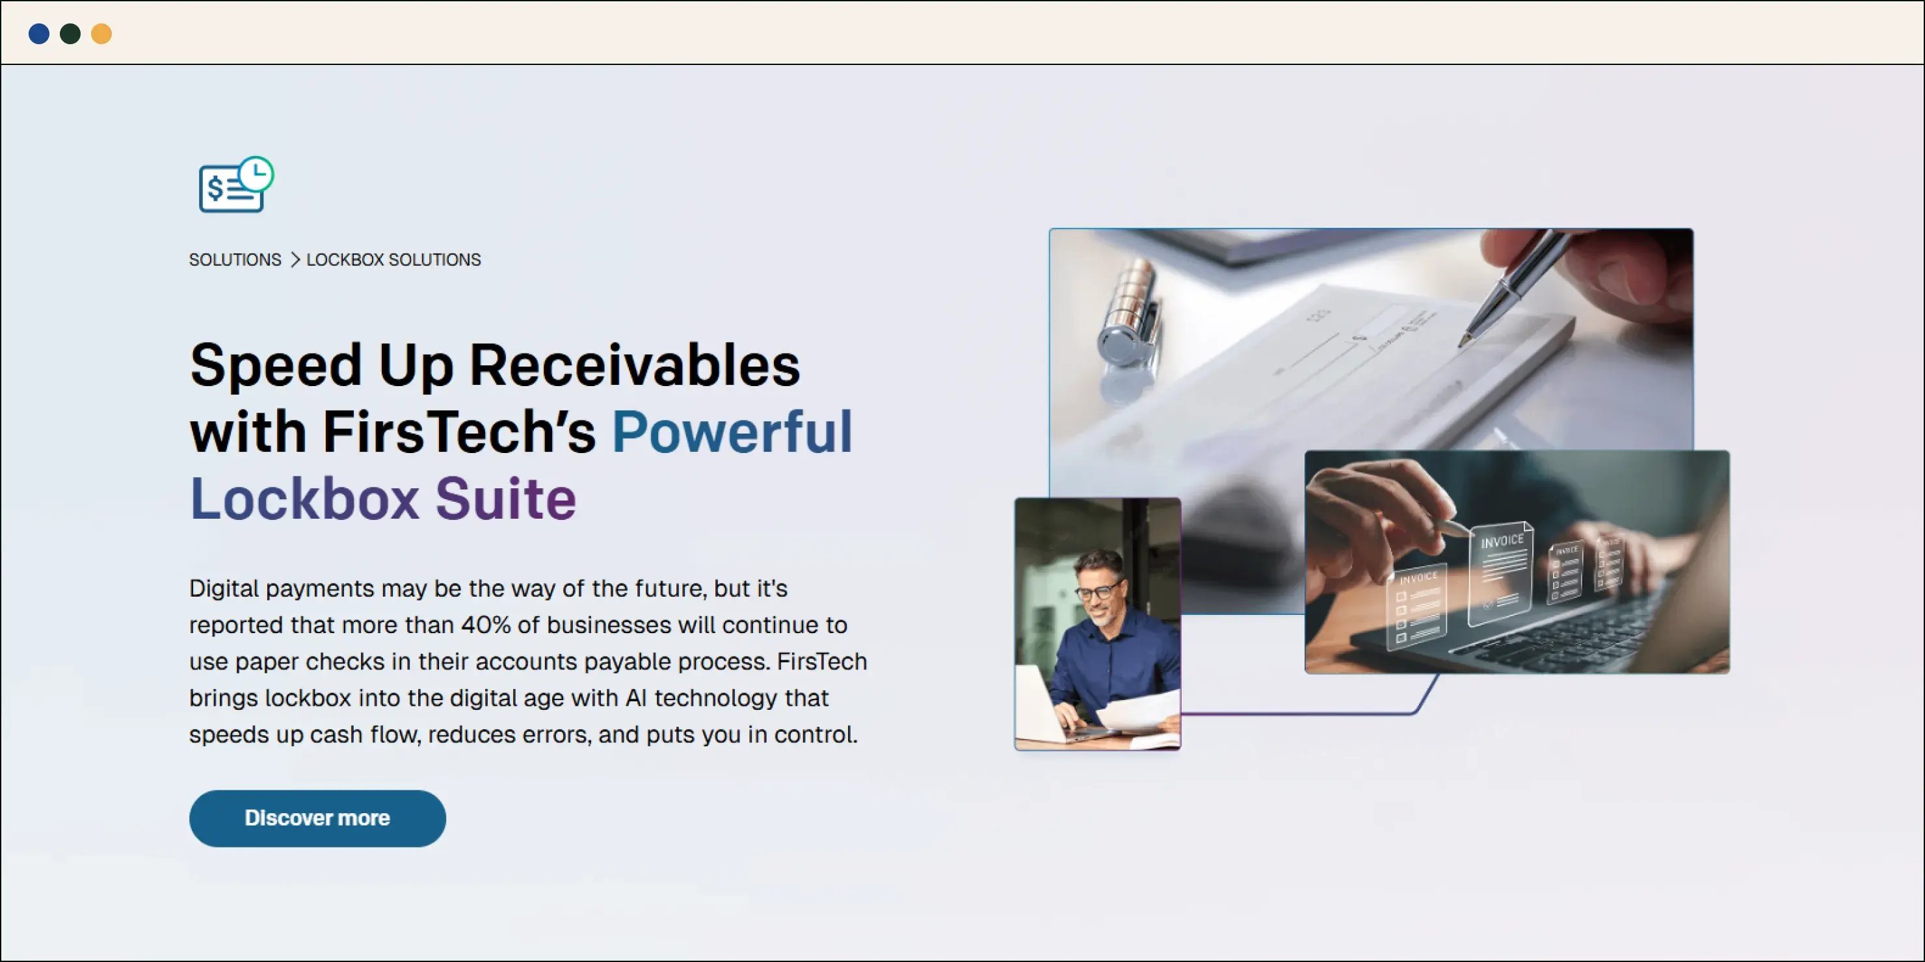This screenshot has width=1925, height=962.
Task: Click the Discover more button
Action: tap(317, 818)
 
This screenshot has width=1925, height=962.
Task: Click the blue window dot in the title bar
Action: tap(39, 34)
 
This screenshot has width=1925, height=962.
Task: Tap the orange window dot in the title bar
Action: tap(101, 34)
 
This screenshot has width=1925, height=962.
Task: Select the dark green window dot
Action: tap(70, 34)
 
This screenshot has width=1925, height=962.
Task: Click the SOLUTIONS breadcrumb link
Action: tap(235, 260)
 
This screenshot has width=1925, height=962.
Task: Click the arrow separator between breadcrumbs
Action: tap(295, 260)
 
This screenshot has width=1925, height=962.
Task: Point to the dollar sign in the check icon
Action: tap(215, 189)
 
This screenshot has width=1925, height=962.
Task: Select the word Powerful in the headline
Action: tap(732, 432)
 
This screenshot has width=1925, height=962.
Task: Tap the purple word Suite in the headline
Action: tap(506, 499)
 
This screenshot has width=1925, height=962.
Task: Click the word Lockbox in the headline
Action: tap(304, 499)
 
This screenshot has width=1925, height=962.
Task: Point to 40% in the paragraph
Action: tap(485, 625)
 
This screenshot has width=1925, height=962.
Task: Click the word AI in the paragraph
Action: tap(635, 698)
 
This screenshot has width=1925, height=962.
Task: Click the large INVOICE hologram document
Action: tap(1500, 571)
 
